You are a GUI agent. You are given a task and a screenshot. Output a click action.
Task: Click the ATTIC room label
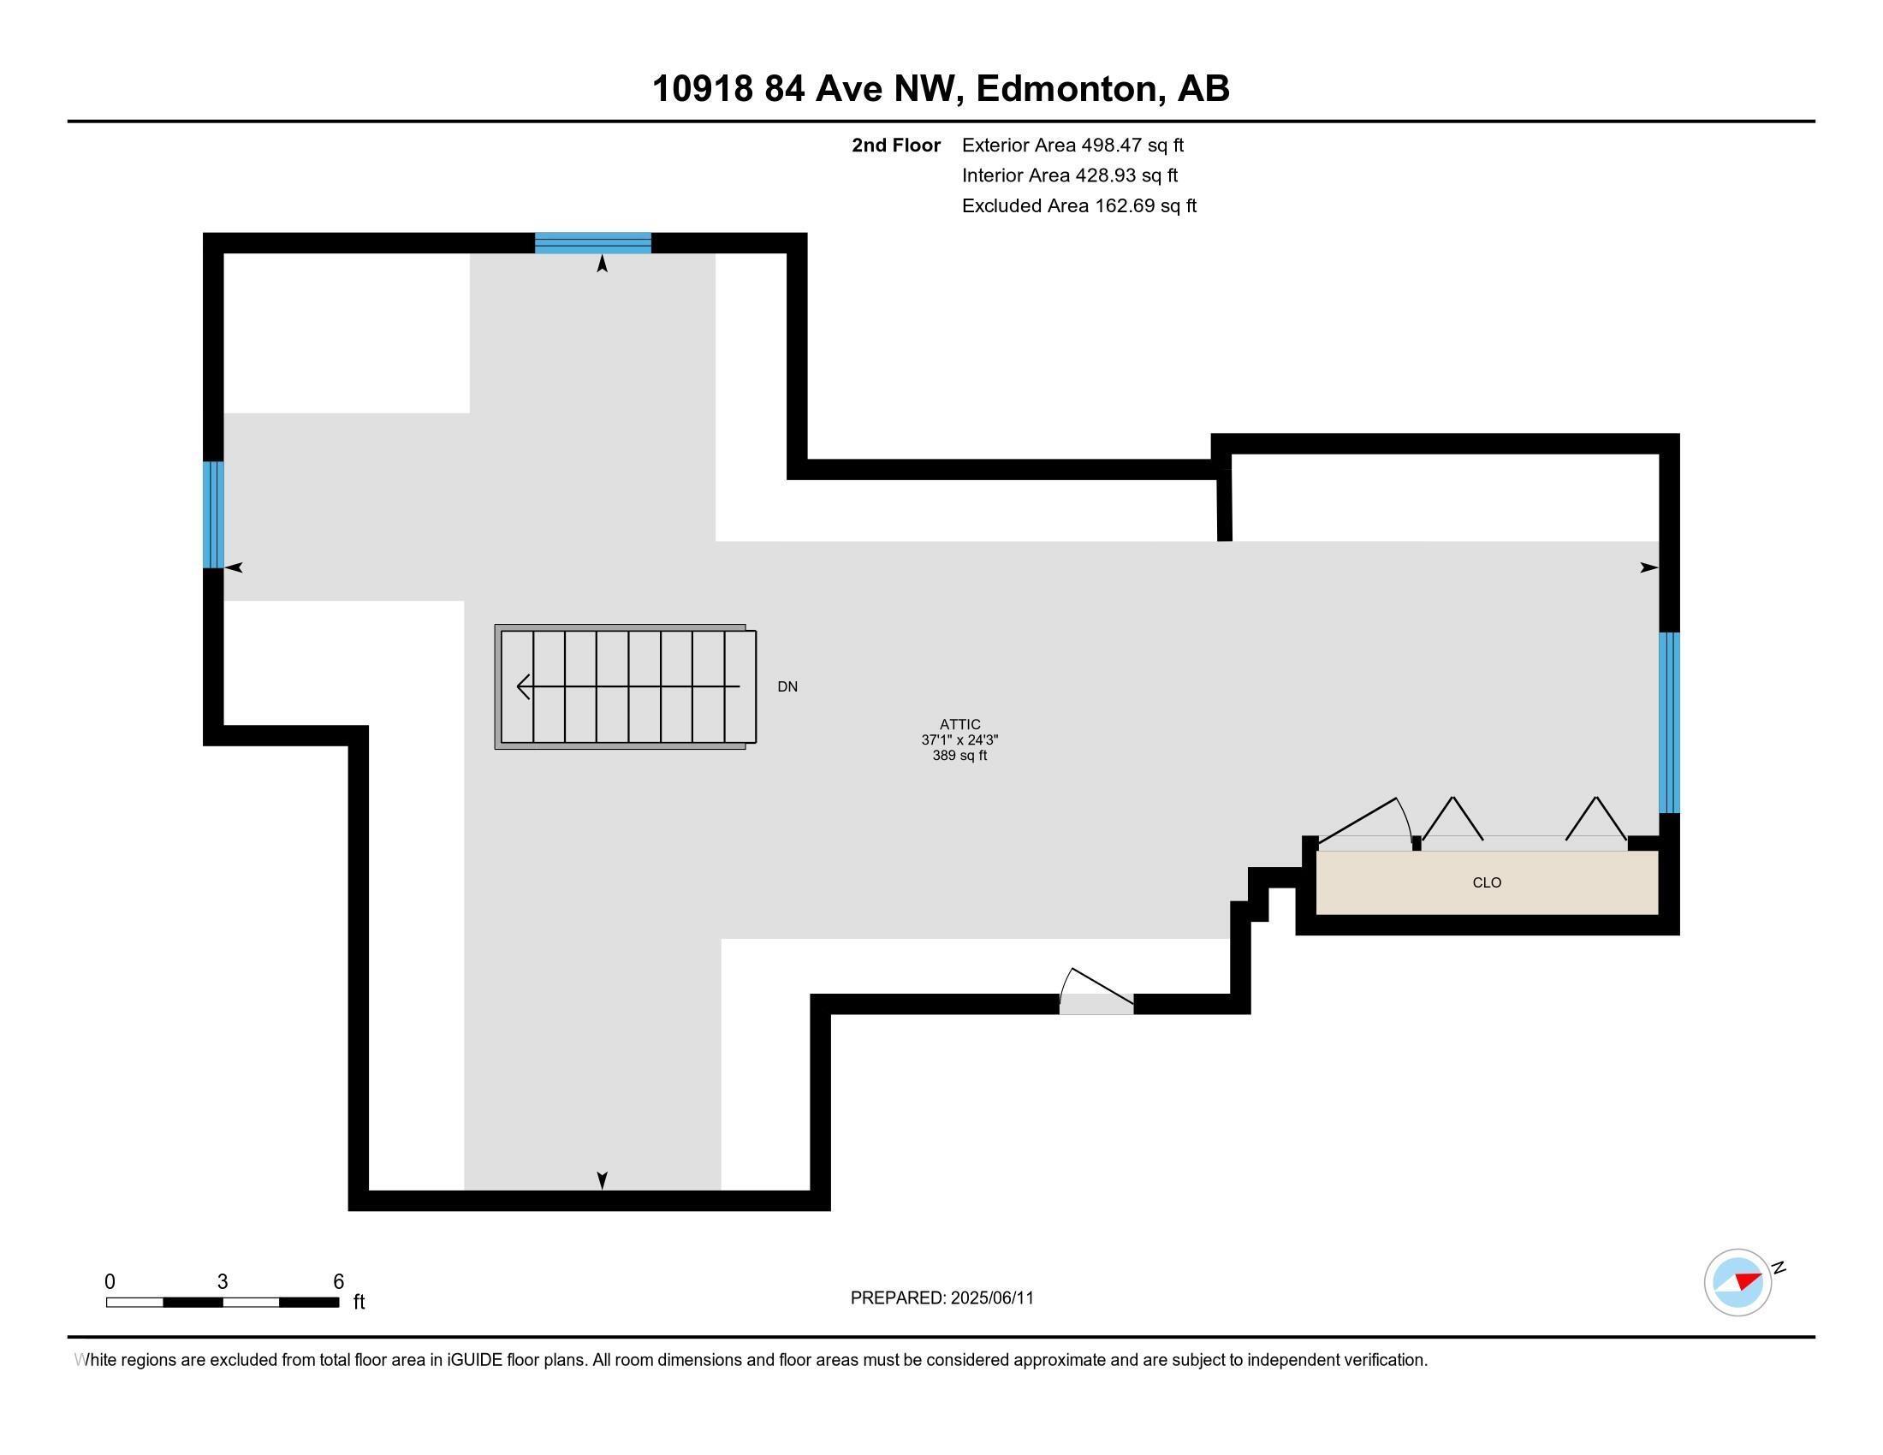pos(959,725)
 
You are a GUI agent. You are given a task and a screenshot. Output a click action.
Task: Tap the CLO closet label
pos(1487,882)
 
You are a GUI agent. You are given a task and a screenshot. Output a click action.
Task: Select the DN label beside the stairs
pos(787,687)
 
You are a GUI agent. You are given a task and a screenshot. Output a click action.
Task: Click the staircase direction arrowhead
pos(522,687)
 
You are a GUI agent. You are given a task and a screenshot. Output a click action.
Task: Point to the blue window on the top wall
pos(592,243)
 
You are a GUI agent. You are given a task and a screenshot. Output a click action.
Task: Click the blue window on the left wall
pos(213,514)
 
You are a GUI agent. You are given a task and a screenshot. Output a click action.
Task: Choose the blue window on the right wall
pos(1669,722)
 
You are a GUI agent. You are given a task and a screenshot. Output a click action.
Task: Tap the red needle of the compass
pos(1748,1280)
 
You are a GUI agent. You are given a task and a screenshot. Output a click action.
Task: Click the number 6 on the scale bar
pos(339,1282)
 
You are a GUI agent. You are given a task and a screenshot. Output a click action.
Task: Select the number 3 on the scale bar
pos(223,1282)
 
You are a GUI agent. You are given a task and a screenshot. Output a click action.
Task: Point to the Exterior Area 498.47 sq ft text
pos(1072,145)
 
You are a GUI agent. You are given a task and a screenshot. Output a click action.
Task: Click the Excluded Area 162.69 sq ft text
pos(1078,206)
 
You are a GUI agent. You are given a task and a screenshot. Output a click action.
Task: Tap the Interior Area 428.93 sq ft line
pos(1069,175)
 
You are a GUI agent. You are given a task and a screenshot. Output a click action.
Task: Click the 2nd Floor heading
pos(896,145)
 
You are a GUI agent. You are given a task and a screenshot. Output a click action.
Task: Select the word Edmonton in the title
pos(1066,89)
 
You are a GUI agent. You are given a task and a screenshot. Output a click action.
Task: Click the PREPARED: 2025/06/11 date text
pos(941,1298)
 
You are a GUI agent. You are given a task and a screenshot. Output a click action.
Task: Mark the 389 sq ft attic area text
pos(959,756)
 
